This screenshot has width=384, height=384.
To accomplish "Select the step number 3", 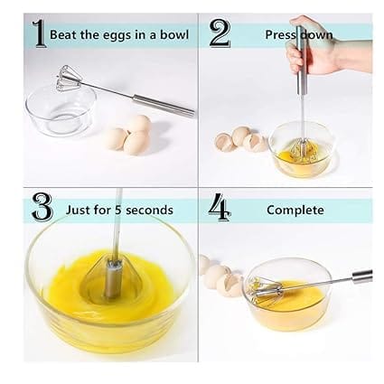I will click(x=42, y=208).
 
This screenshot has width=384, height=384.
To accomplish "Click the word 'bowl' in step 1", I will click(x=174, y=34).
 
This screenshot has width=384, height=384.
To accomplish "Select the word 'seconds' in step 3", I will click(x=149, y=210).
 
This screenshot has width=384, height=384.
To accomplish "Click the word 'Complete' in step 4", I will click(x=295, y=210).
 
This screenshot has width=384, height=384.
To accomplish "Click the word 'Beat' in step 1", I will click(x=63, y=34).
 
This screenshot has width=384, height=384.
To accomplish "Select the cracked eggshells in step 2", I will click(x=239, y=139).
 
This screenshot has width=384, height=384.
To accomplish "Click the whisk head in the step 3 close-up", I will click(x=112, y=272).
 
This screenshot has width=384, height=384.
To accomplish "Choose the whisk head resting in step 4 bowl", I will click(x=271, y=290).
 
